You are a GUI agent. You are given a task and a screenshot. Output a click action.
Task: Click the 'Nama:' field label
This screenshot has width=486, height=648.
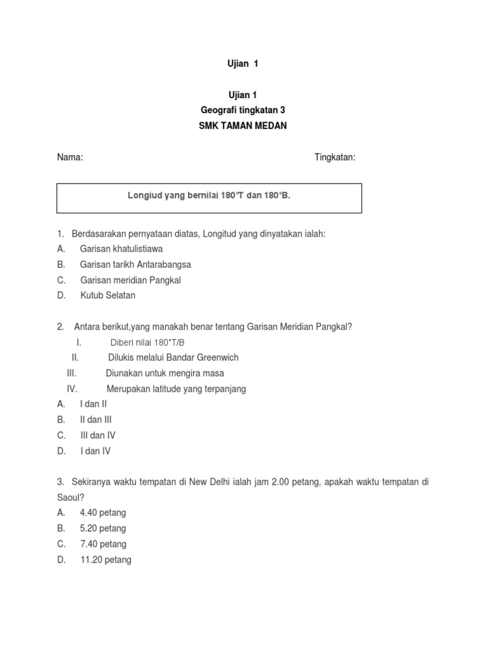tap(70, 158)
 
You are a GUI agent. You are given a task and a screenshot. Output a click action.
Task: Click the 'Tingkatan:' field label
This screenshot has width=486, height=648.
tap(335, 158)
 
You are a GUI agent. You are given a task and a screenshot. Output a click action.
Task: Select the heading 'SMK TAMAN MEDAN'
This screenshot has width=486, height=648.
tap(243, 126)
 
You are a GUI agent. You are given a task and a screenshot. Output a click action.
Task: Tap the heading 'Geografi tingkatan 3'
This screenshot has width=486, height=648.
tap(243, 110)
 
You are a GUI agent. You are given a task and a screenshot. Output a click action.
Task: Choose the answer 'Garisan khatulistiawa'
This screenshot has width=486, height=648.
tap(121, 249)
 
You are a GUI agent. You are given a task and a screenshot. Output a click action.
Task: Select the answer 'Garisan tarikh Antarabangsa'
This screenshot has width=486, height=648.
tap(135, 265)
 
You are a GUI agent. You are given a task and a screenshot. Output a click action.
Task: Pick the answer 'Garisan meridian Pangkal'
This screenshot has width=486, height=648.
tap(131, 280)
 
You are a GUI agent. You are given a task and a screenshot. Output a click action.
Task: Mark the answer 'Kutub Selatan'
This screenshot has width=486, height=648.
tap(108, 296)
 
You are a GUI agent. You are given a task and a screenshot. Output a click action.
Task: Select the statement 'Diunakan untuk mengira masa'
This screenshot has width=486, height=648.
tap(165, 373)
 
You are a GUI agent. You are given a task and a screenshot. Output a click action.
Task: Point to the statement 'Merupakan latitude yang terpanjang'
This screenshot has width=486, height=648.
tap(176, 389)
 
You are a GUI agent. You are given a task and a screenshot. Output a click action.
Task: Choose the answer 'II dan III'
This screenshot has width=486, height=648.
tap(96, 420)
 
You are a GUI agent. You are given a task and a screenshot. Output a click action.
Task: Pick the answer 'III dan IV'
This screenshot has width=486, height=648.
tap(97, 435)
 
